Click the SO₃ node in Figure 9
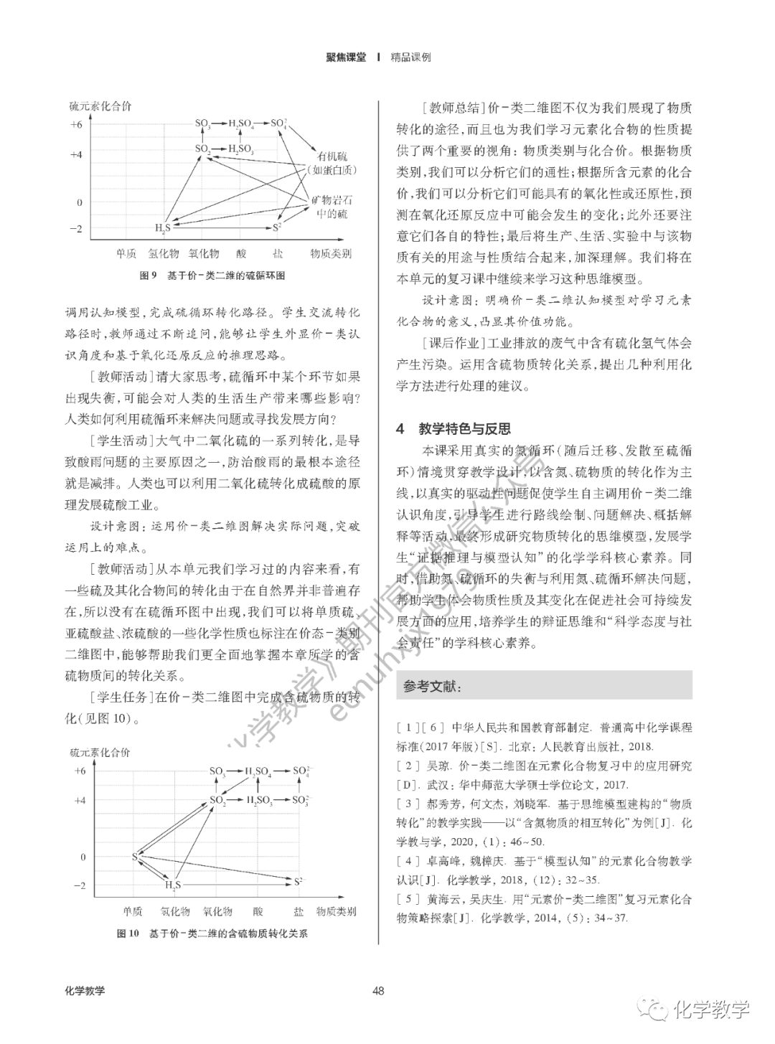tap(202, 124)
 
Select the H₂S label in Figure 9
tap(163, 228)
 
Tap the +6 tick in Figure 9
tap(76, 124)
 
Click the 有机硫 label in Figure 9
tap(332, 156)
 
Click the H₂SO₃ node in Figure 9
tap(240, 149)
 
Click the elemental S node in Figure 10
tap(135, 856)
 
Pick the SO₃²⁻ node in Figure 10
tap(301, 799)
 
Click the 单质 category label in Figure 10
tap(132, 911)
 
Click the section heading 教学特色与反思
tap(464, 429)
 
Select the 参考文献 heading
tap(432, 687)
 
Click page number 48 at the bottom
tap(379, 991)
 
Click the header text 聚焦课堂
tap(346, 57)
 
